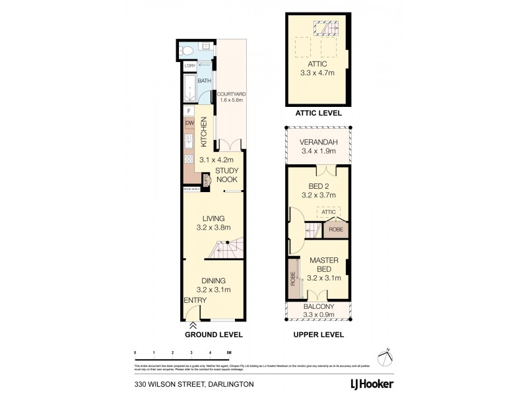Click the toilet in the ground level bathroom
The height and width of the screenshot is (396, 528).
187,50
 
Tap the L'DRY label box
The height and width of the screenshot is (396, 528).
189,66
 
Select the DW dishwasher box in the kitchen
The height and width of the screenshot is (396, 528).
189,123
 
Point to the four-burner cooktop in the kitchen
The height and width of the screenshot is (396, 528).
189,158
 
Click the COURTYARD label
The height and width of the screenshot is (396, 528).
231,95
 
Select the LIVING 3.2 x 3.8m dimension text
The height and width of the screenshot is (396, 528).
213,228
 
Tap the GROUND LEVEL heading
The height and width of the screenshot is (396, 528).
213,335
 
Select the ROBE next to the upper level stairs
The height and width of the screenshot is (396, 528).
335,230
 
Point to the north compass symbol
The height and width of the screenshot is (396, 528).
386,356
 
